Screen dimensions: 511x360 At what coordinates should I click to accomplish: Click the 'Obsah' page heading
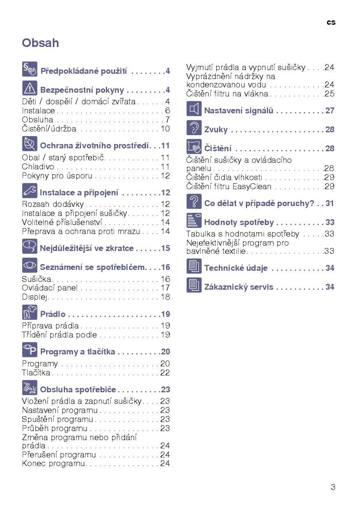pyautogui.click(x=40, y=43)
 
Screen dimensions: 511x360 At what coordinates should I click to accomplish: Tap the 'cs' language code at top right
pyautogui.click(x=331, y=22)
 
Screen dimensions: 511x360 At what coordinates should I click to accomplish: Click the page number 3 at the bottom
pyautogui.click(x=333, y=487)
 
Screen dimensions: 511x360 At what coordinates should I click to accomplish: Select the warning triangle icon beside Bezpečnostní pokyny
pyautogui.click(x=30, y=88)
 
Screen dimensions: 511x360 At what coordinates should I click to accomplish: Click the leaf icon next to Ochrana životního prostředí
pyautogui.click(x=30, y=144)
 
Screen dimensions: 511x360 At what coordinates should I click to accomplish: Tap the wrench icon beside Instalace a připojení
pyautogui.click(x=30, y=191)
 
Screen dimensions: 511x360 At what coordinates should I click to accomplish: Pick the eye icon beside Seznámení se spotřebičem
pyautogui.click(x=30, y=266)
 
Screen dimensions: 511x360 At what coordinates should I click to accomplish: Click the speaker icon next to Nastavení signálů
pyautogui.click(x=194, y=109)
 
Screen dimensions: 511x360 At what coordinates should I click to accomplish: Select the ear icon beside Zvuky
pyautogui.click(x=194, y=128)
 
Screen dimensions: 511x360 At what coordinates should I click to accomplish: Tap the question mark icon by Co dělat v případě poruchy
pyautogui.click(x=194, y=202)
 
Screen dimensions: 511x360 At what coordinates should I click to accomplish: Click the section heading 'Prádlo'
pyautogui.click(x=53, y=314)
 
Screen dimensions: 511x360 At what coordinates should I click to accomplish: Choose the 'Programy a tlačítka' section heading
pyautogui.click(x=77, y=352)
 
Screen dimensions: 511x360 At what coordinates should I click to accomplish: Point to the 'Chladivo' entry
pyautogui.click(x=38, y=167)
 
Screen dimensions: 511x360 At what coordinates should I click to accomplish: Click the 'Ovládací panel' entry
pyautogui.click(x=49, y=288)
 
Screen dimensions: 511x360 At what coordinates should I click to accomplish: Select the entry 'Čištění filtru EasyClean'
pyautogui.click(x=229, y=186)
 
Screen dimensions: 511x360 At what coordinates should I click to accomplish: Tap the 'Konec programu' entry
pyautogui.click(x=54, y=464)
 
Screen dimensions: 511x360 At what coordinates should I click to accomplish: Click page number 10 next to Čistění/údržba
pyautogui.click(x=165, y=129)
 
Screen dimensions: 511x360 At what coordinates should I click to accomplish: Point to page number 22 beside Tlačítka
pyautogui.click(x=165, y=373)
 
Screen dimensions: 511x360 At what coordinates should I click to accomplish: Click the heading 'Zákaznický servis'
pyautogui.click(x=238, y=287)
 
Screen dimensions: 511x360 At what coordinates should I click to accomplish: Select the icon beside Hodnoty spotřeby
pyautogui.click(x=194, y=221)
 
